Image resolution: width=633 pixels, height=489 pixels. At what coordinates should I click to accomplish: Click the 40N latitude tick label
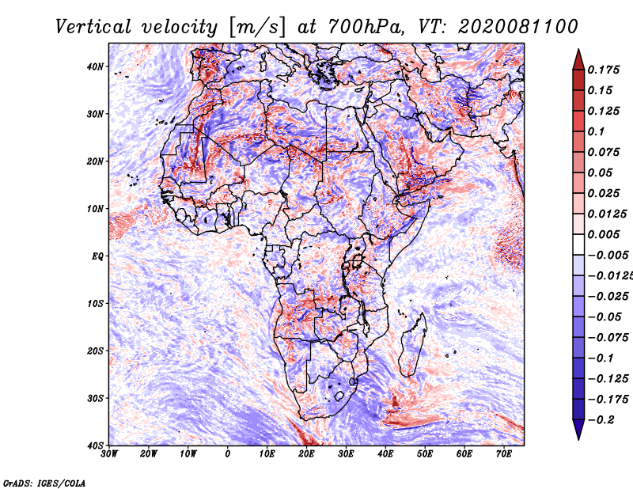[x=95, y=66]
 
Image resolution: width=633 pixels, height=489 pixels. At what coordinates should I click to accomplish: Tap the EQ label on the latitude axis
[x=97, y=256]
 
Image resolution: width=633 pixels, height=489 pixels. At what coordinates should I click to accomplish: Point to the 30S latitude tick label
[x=95, y=398]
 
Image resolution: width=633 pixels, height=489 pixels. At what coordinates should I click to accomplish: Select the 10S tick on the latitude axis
[x=95, y=303]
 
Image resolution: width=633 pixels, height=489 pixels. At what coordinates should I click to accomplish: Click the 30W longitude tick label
[x=109, y=454]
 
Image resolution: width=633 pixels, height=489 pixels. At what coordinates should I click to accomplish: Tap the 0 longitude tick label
[x=228, y=454]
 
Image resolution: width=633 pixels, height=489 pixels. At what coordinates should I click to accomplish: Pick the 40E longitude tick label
[x=385, y=454]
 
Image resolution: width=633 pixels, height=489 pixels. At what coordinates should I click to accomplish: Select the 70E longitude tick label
[x=504, y=454]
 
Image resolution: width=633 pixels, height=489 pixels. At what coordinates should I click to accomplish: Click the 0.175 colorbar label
[x=604, y=70]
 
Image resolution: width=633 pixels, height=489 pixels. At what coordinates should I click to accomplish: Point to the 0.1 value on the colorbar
[x=597, y=131]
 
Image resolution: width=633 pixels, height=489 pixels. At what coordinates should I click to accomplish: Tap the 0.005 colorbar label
[x=604, y=234]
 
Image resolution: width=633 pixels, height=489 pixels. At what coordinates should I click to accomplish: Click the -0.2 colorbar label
[x=601, y=420]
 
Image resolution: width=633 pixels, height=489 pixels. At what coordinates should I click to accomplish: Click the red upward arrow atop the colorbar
[x=579, y=60]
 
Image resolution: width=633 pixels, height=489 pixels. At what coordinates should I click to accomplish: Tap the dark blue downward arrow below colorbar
[x=579, y=430]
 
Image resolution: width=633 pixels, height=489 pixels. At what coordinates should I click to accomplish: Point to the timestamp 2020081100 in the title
[x=518, y=27]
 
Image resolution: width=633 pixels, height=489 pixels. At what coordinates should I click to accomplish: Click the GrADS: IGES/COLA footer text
[x=44, y=483]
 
